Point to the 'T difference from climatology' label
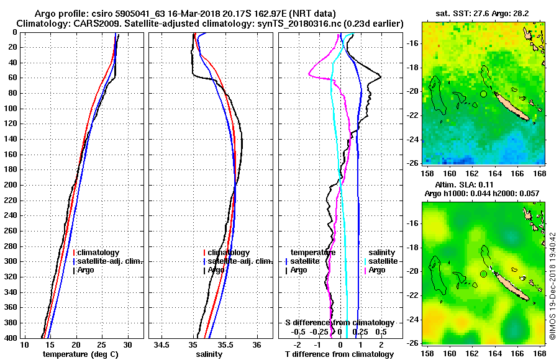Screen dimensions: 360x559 pos(339,354)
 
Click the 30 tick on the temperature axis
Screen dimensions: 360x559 pos(128,344)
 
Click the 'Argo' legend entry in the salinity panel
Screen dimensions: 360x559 pos(216,270)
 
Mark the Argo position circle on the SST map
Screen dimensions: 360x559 pos(483,94)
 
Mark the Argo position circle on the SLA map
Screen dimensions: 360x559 pos(483,274)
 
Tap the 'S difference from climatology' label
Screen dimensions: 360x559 pos(339,323)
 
